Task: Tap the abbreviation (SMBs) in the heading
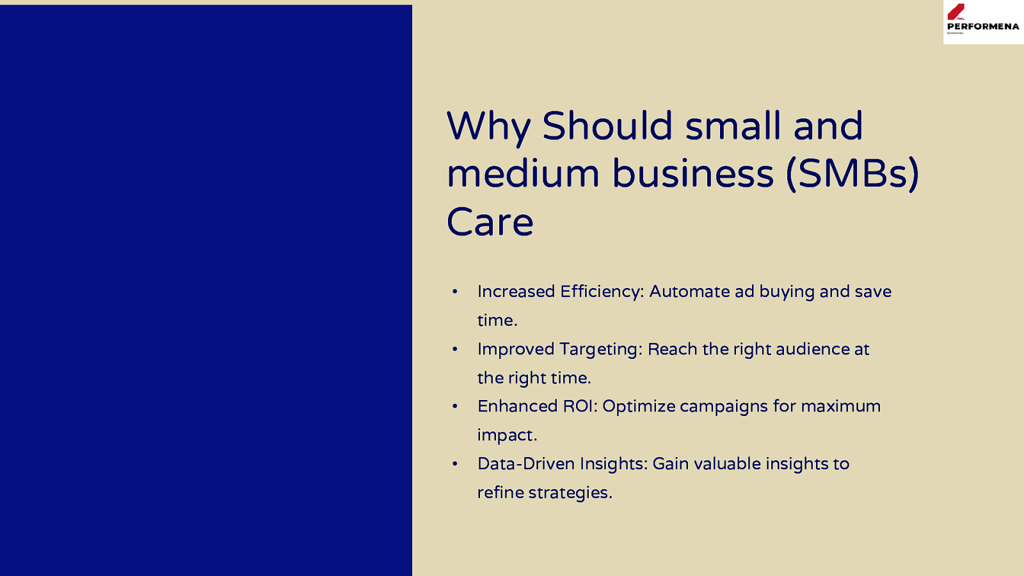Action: click(852, 173)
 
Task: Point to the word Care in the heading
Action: click(490, 222)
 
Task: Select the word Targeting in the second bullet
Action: click(601, 349)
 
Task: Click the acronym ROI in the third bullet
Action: click(580, 406)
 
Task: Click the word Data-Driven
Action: click(526, 463)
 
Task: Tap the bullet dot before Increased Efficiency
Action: click(454, 291)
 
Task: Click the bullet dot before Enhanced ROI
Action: click(454, 406)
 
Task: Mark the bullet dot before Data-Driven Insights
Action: click(454, 463)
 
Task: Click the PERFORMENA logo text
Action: click(983, 26)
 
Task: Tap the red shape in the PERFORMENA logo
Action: click(956, 12)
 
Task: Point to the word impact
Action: click(507, 436)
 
